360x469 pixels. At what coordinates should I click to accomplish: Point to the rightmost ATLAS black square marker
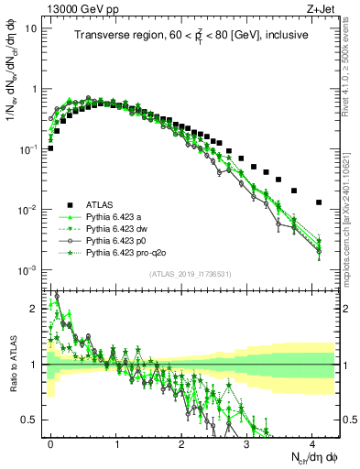click(x=319, y=202)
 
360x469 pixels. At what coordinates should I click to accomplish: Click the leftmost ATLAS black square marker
click(x=50, y=147)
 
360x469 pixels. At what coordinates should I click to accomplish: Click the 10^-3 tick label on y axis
click(x=29, y=270)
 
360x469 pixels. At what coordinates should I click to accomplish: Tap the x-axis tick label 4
click(x=312, y=442)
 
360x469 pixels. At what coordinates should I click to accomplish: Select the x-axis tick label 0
click(x=50, y=442)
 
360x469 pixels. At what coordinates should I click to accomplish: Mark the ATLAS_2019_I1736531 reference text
click(x=191, y=274)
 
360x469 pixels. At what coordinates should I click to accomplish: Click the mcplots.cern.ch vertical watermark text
click(x=350, y=229)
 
